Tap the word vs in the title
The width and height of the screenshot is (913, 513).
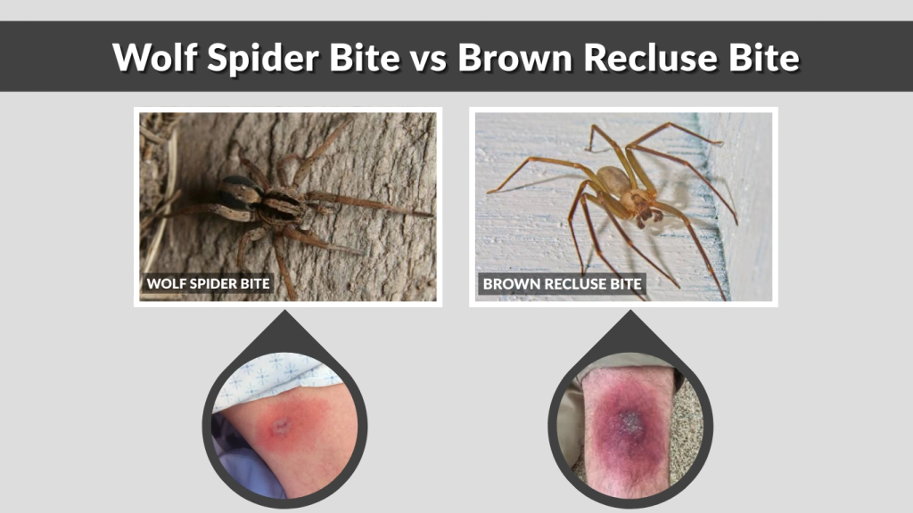click(x=426, y=58)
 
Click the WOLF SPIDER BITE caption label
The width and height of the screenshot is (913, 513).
click(x=209, y=284)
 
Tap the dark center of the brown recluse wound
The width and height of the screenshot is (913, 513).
click(x=631, y=419)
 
